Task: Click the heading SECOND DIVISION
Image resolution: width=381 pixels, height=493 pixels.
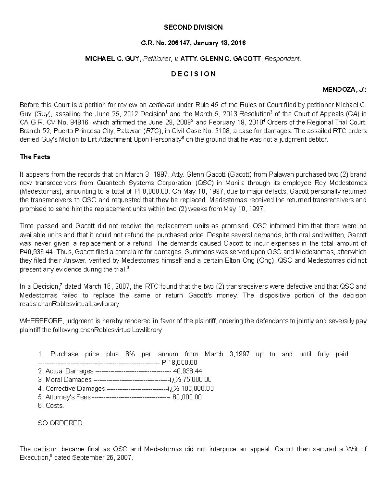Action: click(193, 27)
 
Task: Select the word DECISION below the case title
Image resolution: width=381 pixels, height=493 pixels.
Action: click(193, 74)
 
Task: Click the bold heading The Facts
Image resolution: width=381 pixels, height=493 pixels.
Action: click(35, 157)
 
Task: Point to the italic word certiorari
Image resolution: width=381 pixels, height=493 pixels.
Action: click(161, 105)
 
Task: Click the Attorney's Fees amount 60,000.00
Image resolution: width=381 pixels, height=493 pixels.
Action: click(187, 397)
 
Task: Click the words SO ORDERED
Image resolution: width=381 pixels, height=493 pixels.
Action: click(61, 423)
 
